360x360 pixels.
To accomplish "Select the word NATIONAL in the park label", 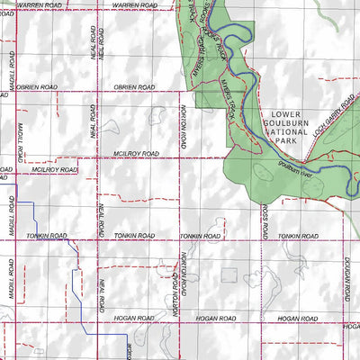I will click(289, 136).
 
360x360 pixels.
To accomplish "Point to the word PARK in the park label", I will click(288, 146).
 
